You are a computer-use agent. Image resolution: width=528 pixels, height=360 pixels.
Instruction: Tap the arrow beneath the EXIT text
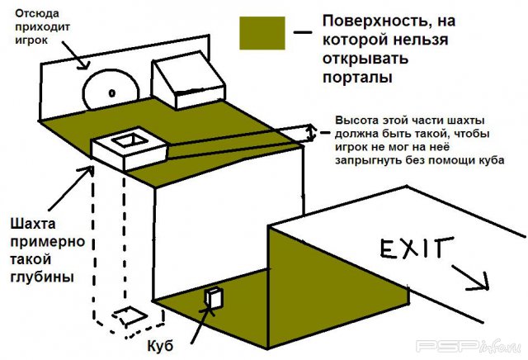click(469, 278)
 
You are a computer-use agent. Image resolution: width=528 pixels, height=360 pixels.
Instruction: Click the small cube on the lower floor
click(214, 298)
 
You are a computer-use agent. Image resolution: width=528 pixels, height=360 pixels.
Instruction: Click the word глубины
click(42, 277)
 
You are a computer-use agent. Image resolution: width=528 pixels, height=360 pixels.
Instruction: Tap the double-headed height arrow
click(311, 131)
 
